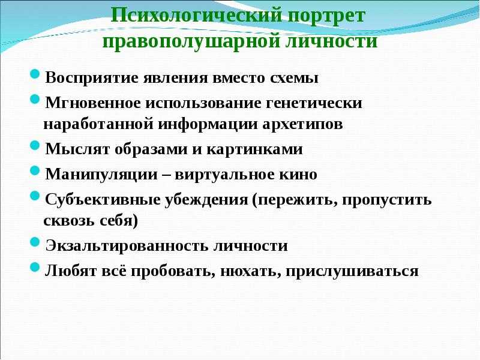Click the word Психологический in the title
click(196, 16)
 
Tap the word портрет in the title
click(326, 16)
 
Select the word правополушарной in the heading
click(191, 41)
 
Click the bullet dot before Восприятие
click(35, 74)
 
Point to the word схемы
click(294, 78)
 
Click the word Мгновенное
click(93, 103)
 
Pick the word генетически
click(314, 103)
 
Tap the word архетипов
click(302, 124)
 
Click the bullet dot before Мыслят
click(35, 145)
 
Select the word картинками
click(254, 149)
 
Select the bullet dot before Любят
click(35, 267)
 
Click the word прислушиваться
click(352, 272)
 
